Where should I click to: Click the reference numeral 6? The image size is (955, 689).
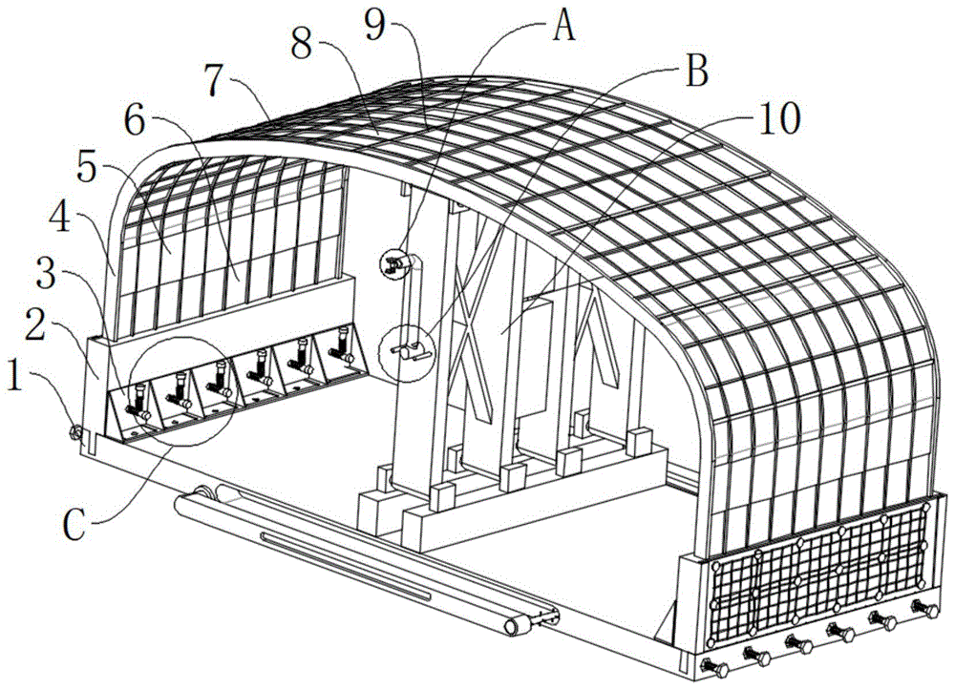click(134, 122)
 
